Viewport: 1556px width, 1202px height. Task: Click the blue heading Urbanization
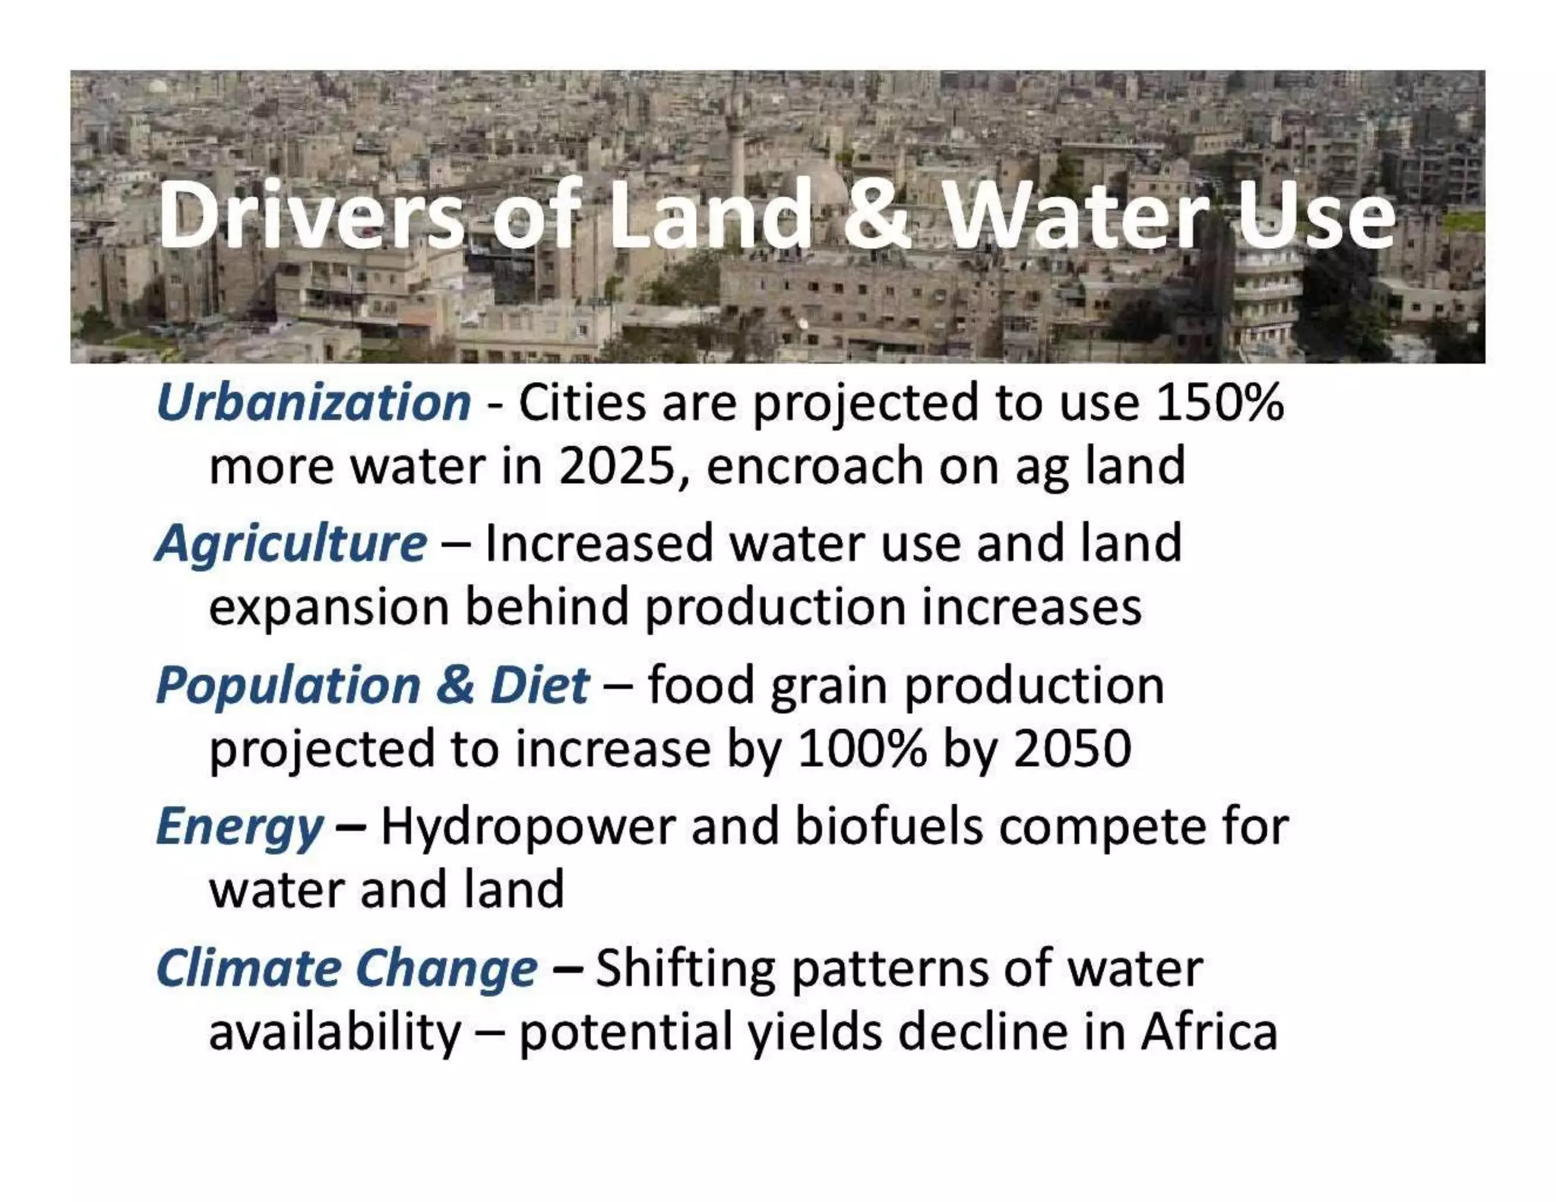313,402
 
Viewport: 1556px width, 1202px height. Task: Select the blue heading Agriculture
291,544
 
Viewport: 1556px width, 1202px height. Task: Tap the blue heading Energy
240,826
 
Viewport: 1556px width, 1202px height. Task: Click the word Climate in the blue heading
248,968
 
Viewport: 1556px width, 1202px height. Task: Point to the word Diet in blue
539,685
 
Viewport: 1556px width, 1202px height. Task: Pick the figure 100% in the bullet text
862,749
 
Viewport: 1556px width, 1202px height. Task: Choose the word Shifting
685,968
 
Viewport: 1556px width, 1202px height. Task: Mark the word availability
334,1032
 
